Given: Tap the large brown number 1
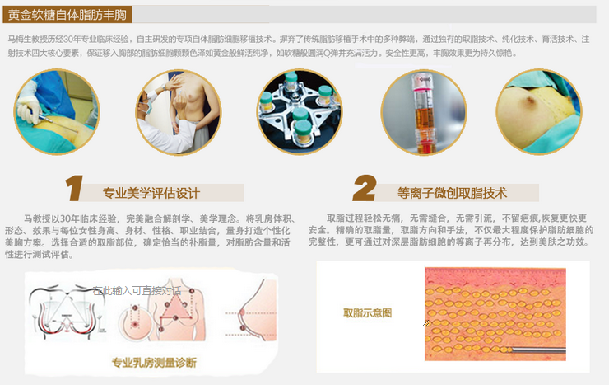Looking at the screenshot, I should (x=74, y=189).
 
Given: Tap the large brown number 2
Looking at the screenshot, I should (x=364, y=189).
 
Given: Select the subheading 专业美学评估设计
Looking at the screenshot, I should (x=151, y=194).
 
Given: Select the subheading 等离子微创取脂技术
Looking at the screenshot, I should (x=452, y=194).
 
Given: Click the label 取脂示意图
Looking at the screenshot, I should (x=367, y=313).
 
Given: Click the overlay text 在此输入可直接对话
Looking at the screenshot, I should (x=137, y=290).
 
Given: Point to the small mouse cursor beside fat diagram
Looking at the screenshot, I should (x=426, y=322).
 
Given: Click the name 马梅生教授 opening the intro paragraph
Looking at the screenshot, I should (x=25, y=39).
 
